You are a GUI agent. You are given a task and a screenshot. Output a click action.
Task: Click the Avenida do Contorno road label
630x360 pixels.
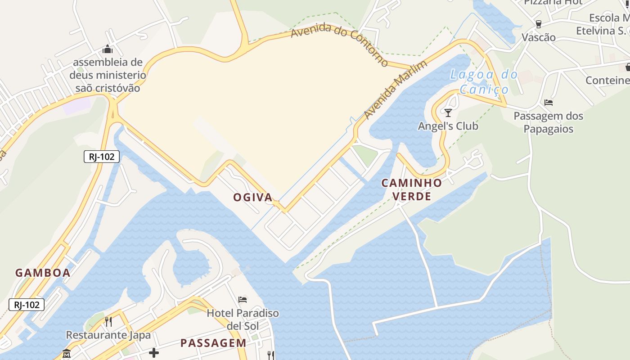tap(339, 45)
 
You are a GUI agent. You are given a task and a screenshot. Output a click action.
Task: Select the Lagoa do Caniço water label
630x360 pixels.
tap(483, 81)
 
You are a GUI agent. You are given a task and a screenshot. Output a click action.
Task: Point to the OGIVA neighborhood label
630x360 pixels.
tap(253, 197)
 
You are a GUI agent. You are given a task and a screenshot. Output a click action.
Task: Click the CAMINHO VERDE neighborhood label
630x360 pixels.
tap(412, 189)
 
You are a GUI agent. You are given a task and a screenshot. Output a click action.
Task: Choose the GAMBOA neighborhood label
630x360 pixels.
tap(43, 273)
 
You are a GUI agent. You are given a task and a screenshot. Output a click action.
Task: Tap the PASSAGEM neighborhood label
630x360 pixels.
tap(213, 343)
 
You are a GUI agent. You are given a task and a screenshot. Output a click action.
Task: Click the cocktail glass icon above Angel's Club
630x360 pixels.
tap(448, 112)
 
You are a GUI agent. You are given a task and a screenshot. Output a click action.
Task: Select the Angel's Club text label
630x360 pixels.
tap(448, 126)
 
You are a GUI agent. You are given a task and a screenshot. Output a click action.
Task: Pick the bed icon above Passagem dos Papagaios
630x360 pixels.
tap(549, 103)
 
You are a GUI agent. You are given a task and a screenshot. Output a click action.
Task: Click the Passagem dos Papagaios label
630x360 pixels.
tap(549, 122)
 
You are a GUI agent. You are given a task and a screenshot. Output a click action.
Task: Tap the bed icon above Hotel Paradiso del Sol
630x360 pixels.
tap(243, 299)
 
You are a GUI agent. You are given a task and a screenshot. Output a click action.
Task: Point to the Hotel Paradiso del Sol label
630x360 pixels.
tap(243, 319)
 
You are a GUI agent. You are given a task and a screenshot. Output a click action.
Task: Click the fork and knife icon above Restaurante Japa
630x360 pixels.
tap(108, 321)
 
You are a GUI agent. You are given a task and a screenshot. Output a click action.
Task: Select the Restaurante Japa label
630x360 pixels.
tap(108, 335)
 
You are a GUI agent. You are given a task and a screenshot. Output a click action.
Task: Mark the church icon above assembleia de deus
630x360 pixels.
tap(108, 49)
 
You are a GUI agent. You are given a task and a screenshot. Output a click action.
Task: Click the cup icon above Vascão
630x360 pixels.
tap(538, 24)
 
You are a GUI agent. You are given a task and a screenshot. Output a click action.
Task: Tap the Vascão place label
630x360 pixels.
tap(538, 37)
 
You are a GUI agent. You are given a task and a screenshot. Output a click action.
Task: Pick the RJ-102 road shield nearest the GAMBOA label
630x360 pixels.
tap(27, 305)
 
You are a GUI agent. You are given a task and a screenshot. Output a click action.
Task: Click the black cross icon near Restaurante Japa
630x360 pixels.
tap(154, 352)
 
